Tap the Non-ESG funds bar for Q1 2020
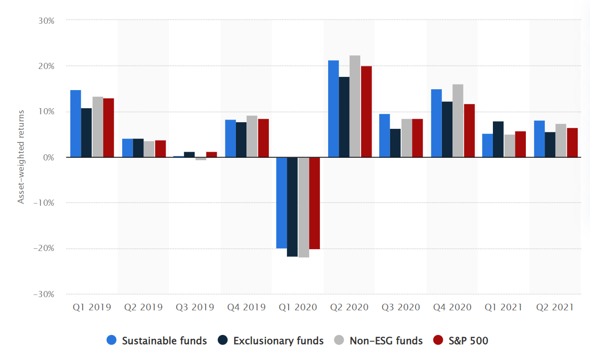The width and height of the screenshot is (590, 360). tap(304, 207)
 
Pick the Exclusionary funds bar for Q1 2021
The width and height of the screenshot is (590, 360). tap(498, 139)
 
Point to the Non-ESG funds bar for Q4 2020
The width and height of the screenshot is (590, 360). tap(458, 121)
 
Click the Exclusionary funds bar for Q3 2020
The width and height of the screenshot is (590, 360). tap(395, 143)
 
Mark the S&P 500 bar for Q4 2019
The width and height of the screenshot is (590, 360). tap(263, 138)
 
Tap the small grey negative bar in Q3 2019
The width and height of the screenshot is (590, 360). tap(201, 159)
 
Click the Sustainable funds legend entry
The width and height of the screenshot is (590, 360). tap(157, 340)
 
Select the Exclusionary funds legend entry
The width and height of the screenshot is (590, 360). tap(270, 340)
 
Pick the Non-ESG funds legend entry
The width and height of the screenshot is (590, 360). tap(378, 340)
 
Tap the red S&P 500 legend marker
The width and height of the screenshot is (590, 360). tap(438, 340)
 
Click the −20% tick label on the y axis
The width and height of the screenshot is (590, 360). tap(43, 248)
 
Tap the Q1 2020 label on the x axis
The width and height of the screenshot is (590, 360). tap(298, 307)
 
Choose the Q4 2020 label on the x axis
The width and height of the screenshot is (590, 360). tap(452, 307)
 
